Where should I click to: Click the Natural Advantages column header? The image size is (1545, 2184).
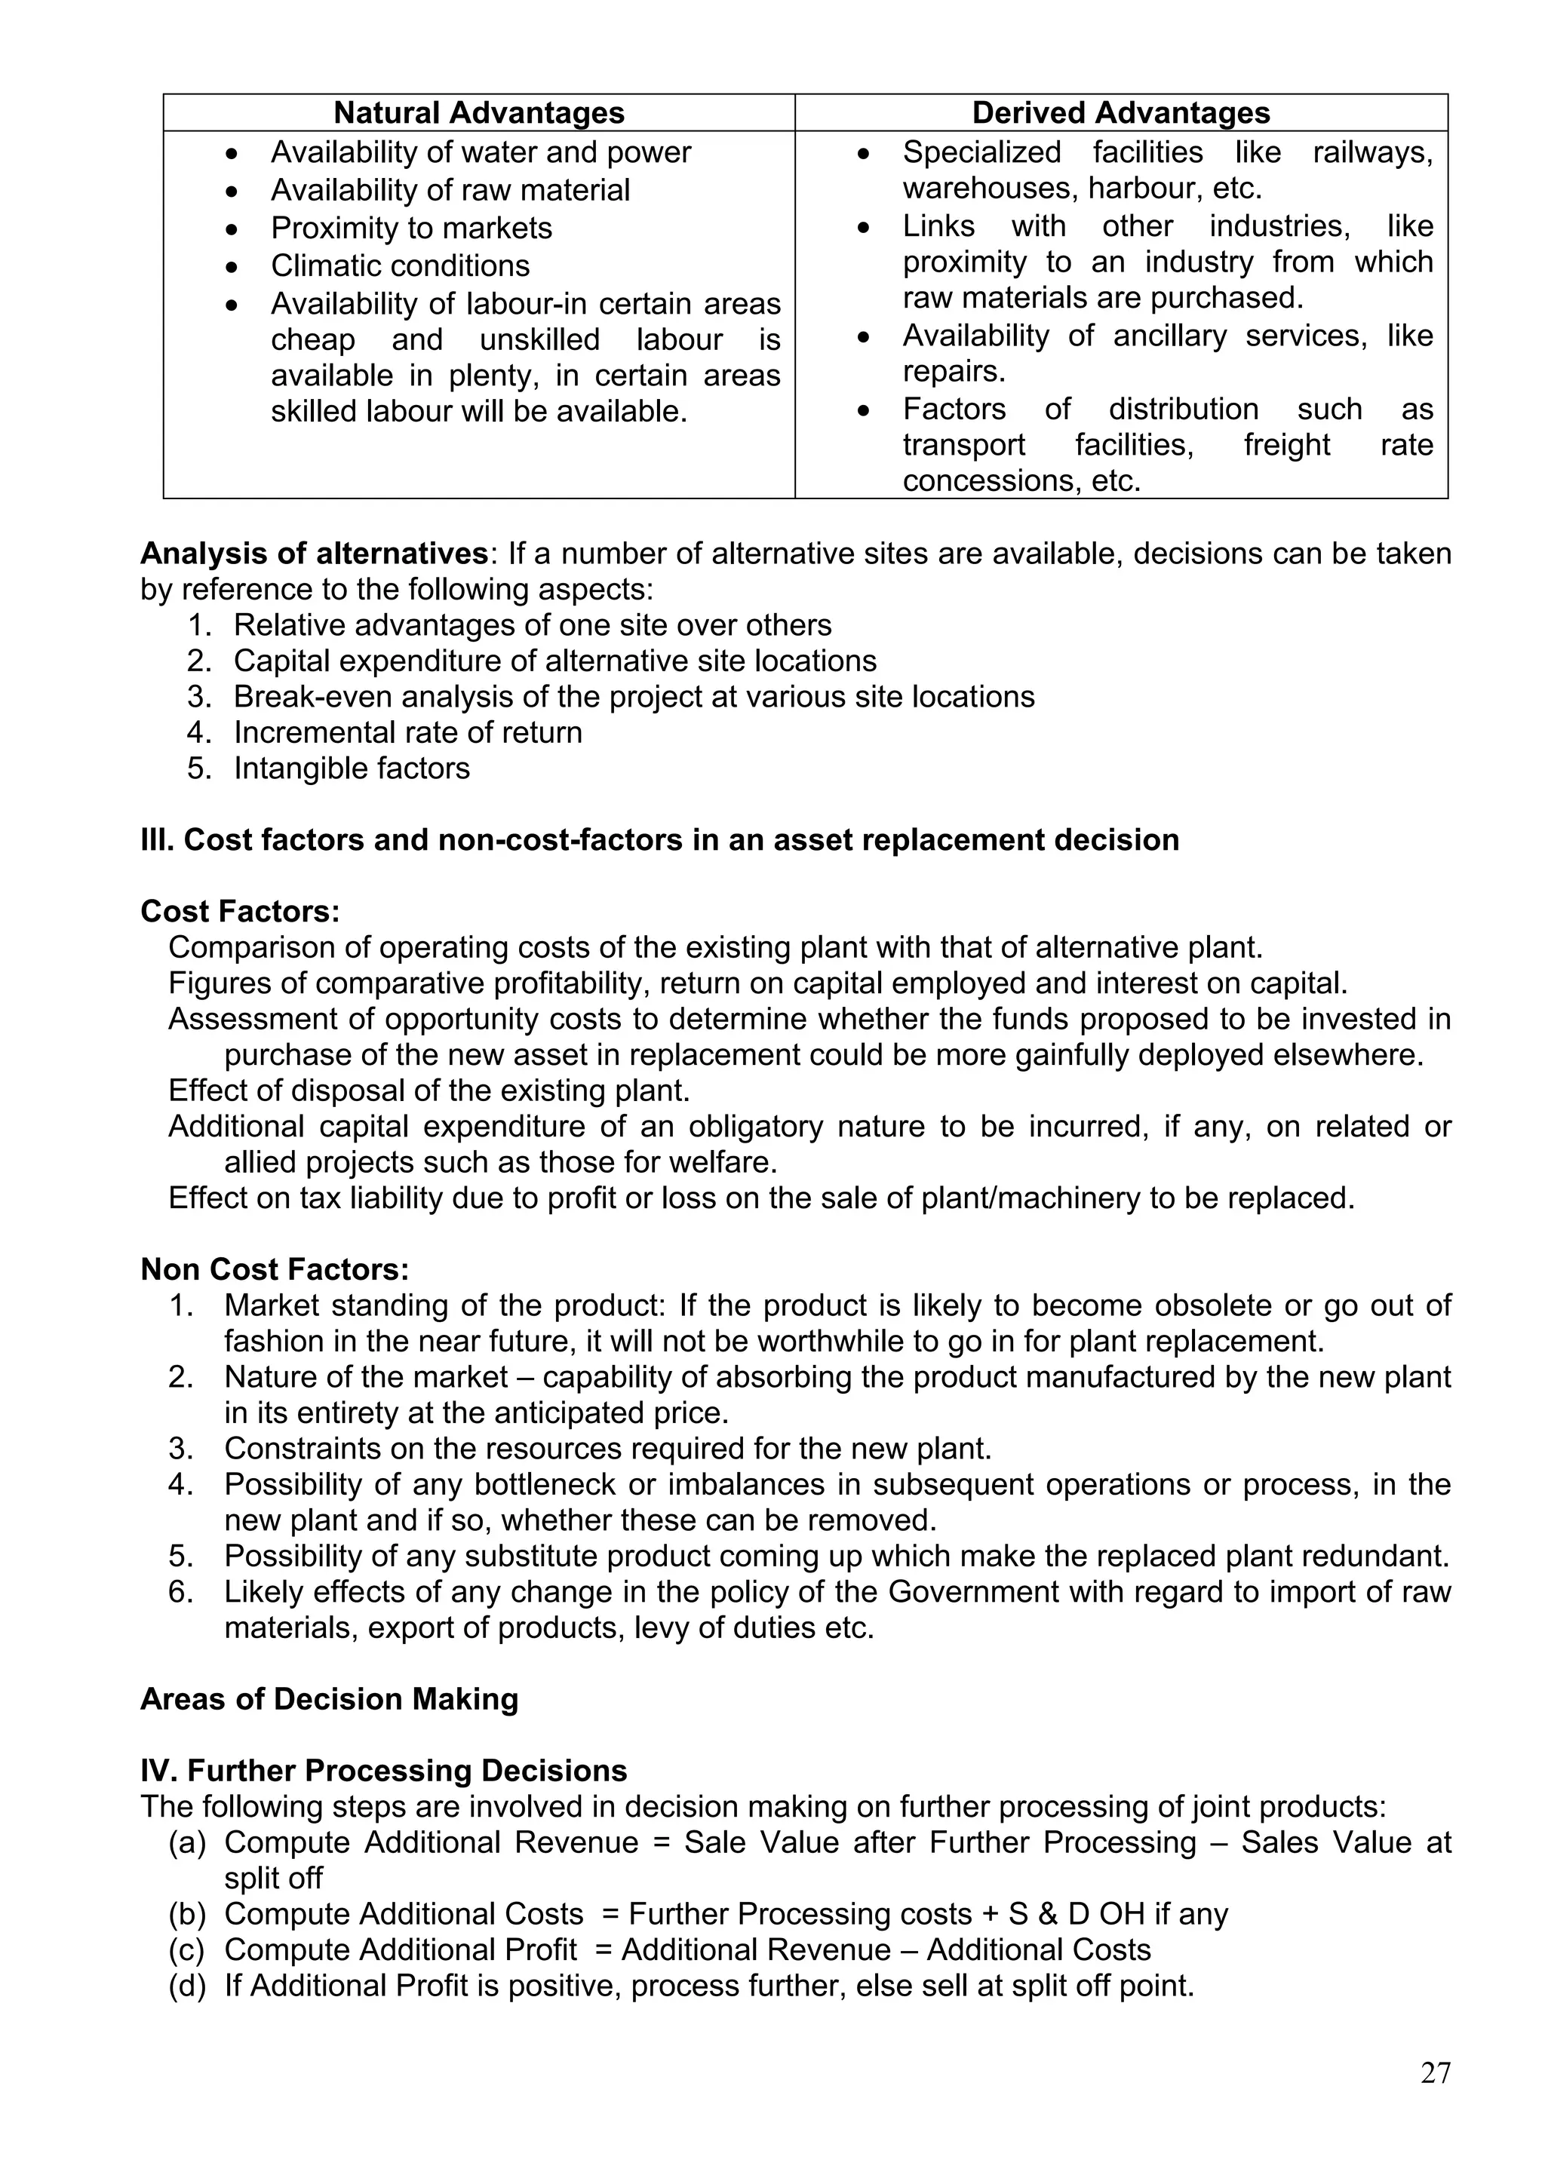[478, 112]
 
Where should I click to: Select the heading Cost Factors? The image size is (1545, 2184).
[240, 911]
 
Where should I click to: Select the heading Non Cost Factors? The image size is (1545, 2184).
[274, 1269]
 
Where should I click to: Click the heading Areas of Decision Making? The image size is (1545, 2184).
[329, 1699]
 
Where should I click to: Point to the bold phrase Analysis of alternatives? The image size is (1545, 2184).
[314, 554]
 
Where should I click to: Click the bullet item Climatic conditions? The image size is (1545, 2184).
[400, 265]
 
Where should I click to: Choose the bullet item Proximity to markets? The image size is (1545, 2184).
[411, 229]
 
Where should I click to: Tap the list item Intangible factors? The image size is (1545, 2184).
[352, 768]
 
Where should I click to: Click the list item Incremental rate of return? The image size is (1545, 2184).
[408, 732]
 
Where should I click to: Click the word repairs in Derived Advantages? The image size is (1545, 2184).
[954, 372]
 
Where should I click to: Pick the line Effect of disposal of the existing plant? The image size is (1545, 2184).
[429, 1090]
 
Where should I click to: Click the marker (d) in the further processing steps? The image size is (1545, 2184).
[187, 1985]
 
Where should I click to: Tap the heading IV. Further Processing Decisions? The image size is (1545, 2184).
[383, 1770]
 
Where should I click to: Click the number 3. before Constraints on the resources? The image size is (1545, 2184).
[181, 1449]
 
